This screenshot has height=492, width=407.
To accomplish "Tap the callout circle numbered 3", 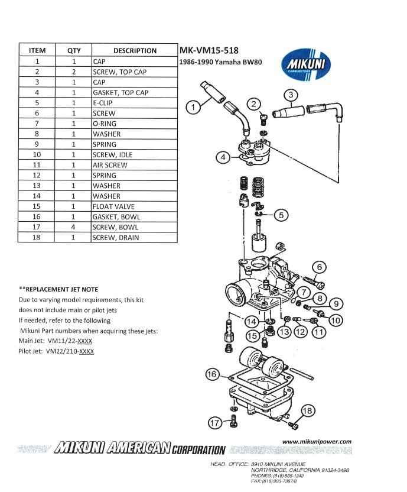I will pyautogui.click(x=291, y=95).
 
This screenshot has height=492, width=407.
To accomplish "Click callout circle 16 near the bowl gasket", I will pyautogui.click(x=211, y=374).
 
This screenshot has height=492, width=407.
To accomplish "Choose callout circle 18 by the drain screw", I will pyautogui.click(x=307, y=411).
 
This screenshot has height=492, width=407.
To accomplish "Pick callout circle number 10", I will pyautogui.click(x=336, y=320).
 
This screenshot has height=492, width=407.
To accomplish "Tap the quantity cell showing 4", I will pyautogui.click(x=74, y=227).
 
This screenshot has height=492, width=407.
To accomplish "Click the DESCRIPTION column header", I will pyautogui.click(x=135, y=50).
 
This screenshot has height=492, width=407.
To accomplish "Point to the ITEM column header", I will pyautogui.click(x=37, y=50).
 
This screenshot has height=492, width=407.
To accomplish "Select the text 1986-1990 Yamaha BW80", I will pyautogui.click(x=217, y=61).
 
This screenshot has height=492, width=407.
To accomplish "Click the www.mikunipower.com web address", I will pyautogui.click(x=317, y=441).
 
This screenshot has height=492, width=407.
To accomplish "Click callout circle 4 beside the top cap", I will pyautogui.click(x=222, y=157).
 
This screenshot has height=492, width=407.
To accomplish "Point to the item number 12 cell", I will pyautogui.click(x=37, y=176).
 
